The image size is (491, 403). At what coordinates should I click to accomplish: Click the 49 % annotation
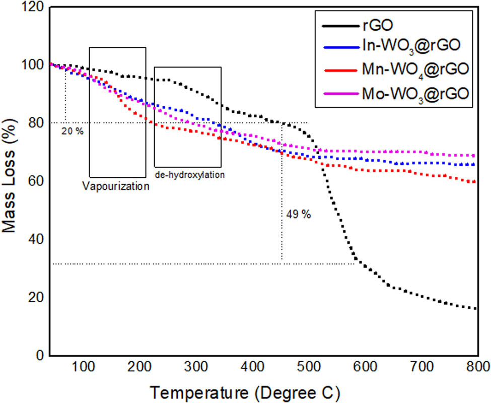tap(299, 214)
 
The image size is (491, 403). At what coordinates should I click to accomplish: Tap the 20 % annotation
tap(72, 131)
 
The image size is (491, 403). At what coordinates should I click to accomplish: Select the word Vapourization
tap(115, 186)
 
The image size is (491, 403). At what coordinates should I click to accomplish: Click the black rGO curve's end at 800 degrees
tap(475, 308)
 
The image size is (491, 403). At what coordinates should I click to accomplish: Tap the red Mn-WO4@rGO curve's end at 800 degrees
tap(475, 181)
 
